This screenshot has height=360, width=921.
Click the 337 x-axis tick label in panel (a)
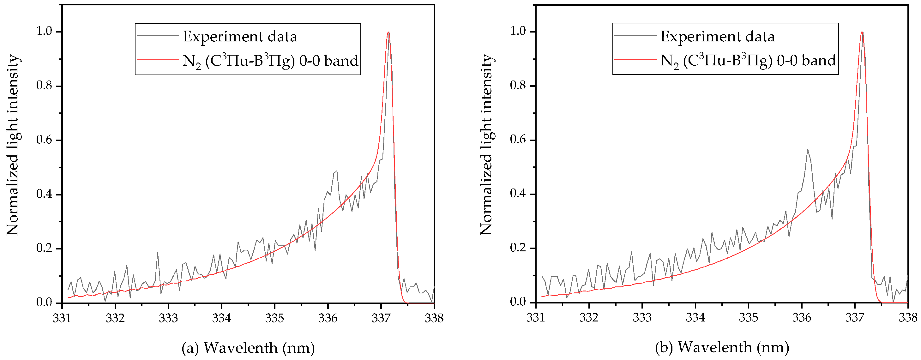(381, 318)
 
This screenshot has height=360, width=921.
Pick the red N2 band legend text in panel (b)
(748, 61)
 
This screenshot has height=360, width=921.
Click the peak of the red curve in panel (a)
(388, 32)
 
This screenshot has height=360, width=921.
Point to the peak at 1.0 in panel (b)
(862, 32)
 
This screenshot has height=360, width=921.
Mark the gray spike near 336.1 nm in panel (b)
(807, 149)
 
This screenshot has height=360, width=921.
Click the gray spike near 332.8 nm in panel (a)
(158, 252)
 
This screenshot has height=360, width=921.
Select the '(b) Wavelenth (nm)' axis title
(722, 347)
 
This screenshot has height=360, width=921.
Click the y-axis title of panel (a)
(13, 145)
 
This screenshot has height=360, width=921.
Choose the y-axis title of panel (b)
(487, 145)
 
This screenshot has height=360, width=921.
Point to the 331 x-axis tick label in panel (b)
(536, 318)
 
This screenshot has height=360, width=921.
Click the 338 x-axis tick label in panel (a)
(434, 318)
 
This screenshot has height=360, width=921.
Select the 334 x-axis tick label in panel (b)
(695, 318)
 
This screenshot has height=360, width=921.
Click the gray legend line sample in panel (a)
(158, 36)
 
